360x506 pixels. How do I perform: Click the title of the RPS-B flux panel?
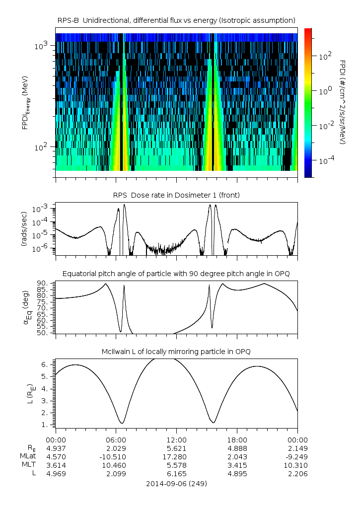point(176,20)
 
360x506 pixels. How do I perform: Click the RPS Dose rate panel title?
point(176,195)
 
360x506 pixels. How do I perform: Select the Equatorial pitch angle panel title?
point(176,274)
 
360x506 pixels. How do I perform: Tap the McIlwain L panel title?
point(176,352)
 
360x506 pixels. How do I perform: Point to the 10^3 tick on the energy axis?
point(41,46)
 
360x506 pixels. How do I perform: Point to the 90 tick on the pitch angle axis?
point(43,283)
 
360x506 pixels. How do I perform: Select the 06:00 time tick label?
point(116,440)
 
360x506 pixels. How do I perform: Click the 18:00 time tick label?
point(237,440)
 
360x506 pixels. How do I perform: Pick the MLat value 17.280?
point(176,457)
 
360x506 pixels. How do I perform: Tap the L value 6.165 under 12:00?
point(176,474)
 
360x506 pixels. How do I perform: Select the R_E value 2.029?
point(116,448)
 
